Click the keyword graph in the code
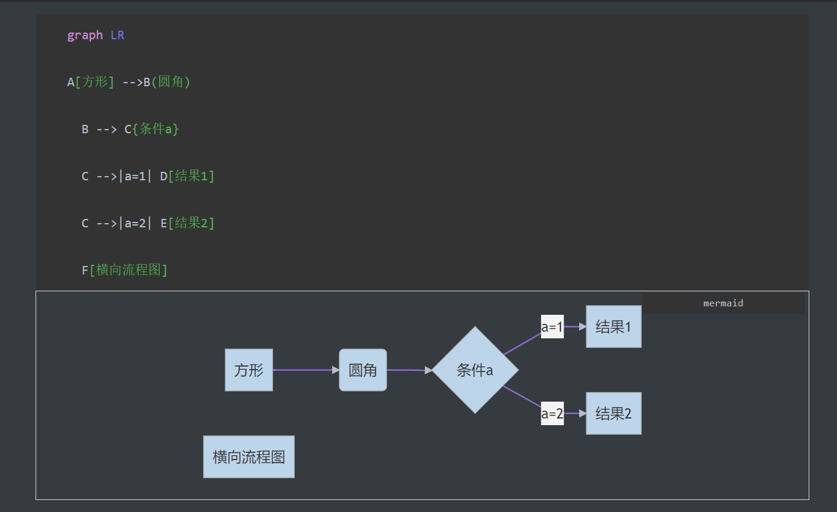tap(85, 36)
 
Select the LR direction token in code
tap(118, 36)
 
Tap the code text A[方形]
tap(90, 82)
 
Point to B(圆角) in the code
tap(167, 82)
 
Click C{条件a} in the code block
tap(152, 129)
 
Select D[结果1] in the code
tap(187, 175)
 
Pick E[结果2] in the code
tap(187, 223)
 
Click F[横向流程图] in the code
tap(124, 270)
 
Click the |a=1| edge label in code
tap(135, 175)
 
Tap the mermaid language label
tap(723, 303)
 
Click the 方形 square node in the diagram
tap(249, 370)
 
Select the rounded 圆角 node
tap(363, 370)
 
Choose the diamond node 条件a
tap(475, 370)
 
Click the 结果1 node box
tap(613, 326)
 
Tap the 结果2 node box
tap(613, 413)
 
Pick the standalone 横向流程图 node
tap(249, 457)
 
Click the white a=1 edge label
tap(552, 326)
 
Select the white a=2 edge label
tap(552, 413)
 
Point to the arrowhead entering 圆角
tap(336, 370)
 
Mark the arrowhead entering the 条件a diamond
tap(428, 370)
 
